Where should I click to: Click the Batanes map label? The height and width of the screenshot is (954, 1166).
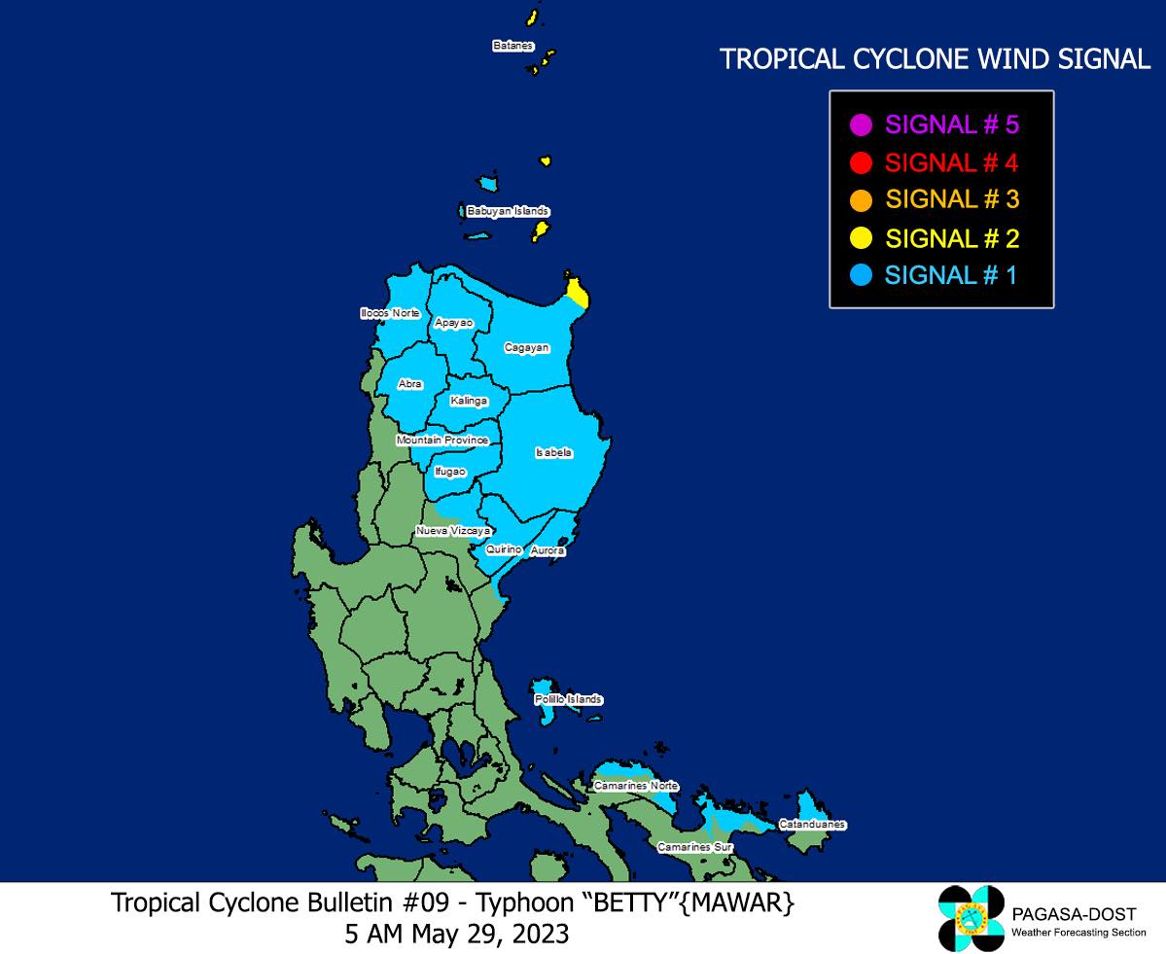coord(512,46)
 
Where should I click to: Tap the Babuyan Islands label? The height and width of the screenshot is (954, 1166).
coord(508,211)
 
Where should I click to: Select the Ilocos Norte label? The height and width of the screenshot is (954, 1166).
coord(389,313)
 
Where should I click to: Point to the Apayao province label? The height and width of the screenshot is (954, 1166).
coord(454,322)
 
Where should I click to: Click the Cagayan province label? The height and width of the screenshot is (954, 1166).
coord(527,347)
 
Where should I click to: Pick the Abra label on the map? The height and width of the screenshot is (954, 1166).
coord(410,384)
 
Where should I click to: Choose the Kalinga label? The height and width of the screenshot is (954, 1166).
coord(469,401)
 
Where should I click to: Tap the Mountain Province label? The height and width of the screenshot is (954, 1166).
coord(442,441)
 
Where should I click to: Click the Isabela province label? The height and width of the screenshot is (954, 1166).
coord(553,452)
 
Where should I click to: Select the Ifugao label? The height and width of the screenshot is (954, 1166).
coord(449,472)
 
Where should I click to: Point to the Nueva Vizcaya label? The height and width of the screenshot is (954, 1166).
coord(452,531)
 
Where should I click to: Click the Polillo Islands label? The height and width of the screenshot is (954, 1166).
coord(568,700)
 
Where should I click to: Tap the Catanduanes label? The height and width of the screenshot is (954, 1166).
coord(812,825)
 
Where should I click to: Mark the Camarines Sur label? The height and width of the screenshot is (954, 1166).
coord(694,847)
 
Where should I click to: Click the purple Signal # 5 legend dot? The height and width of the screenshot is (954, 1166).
coord(861,124)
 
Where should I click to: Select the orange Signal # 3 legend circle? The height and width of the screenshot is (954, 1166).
coord(861,200)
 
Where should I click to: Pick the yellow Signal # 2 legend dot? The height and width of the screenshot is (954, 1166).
coord(861,238)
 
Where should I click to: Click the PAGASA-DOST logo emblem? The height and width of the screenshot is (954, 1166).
coord(971,918)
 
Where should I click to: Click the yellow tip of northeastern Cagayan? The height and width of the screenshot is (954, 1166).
coord(577,291)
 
